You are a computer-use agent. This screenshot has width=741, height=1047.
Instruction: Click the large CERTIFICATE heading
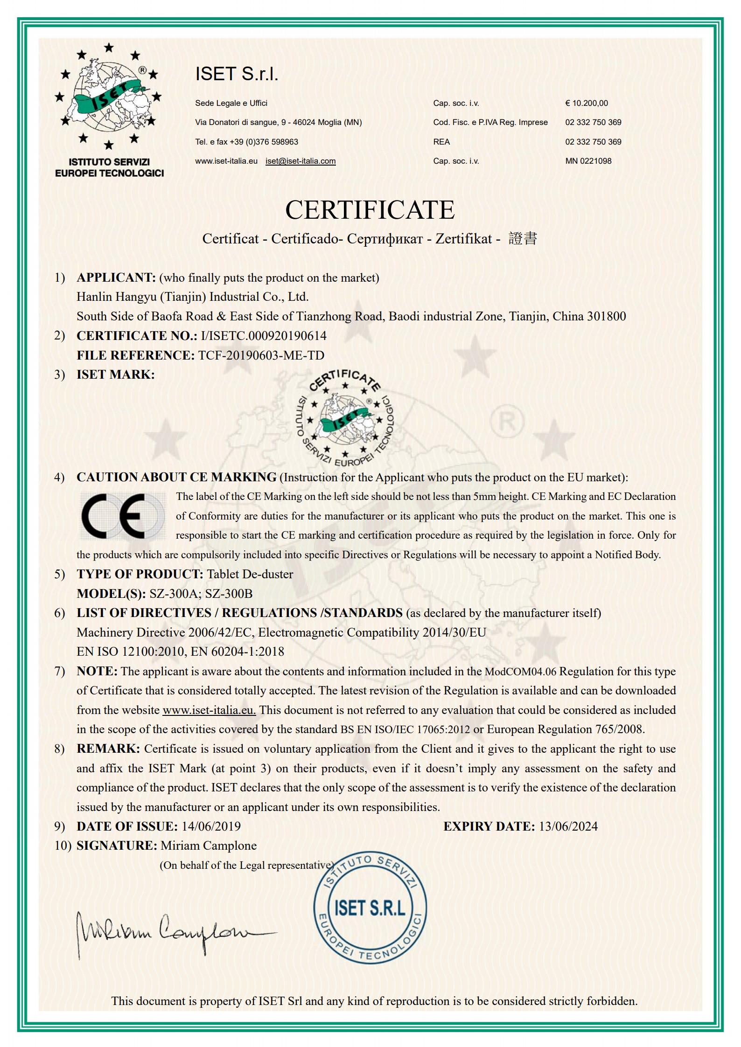point(370,210)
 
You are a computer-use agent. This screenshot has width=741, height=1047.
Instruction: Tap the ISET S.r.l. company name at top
point(237,74)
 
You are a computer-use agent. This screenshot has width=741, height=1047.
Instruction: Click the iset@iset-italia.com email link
point(301,161)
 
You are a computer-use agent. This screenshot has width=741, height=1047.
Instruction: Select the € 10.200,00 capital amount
point(587,103)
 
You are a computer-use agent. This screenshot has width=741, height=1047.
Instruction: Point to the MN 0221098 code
point(588,161)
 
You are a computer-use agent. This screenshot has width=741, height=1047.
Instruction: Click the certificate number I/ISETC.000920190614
point(263,336)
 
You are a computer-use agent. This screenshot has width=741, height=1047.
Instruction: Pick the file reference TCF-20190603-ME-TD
point(261,355)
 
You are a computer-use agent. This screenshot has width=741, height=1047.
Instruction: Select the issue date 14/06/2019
point(211,826)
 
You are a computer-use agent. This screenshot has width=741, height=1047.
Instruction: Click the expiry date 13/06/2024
point(568,826)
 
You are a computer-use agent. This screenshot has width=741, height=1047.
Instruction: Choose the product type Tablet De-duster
point(250,574)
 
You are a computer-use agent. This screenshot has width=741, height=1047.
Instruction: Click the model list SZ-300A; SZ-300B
point(201,594)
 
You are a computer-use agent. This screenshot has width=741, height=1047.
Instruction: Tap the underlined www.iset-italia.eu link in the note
point(209,710)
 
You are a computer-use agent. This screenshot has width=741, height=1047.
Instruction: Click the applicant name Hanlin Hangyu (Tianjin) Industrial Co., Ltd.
point(192,297)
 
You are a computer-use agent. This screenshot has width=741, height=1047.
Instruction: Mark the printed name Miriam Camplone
point(209,846)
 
